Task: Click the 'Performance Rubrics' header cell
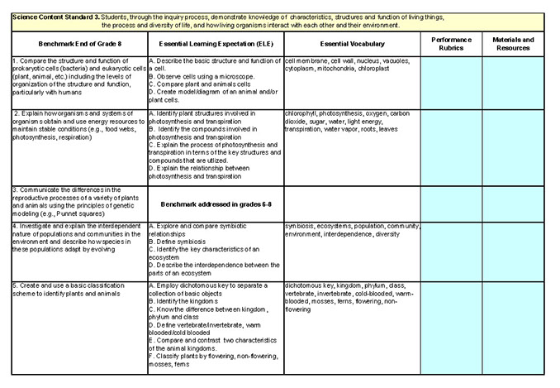[x=451, y=45]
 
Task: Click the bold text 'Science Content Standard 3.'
[x=51, y=17]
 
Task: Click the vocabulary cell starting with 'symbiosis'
[x=352, y=229]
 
